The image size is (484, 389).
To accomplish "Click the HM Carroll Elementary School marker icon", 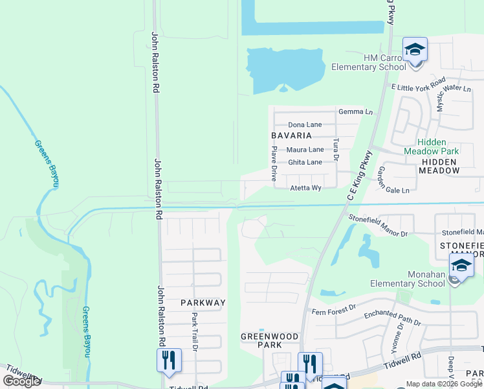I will (x=415, y=50).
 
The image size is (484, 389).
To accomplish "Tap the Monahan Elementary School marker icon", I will (x=461, y=266).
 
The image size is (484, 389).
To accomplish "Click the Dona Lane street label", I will (x=305, y=124).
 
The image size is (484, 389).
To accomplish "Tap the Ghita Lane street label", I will (x=305, y=162).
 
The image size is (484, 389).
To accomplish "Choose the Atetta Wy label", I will (x=305, y=188).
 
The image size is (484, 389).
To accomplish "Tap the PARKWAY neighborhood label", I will (x=203, y=303).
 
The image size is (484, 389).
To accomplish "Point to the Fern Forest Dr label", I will (x=333, y=308).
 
